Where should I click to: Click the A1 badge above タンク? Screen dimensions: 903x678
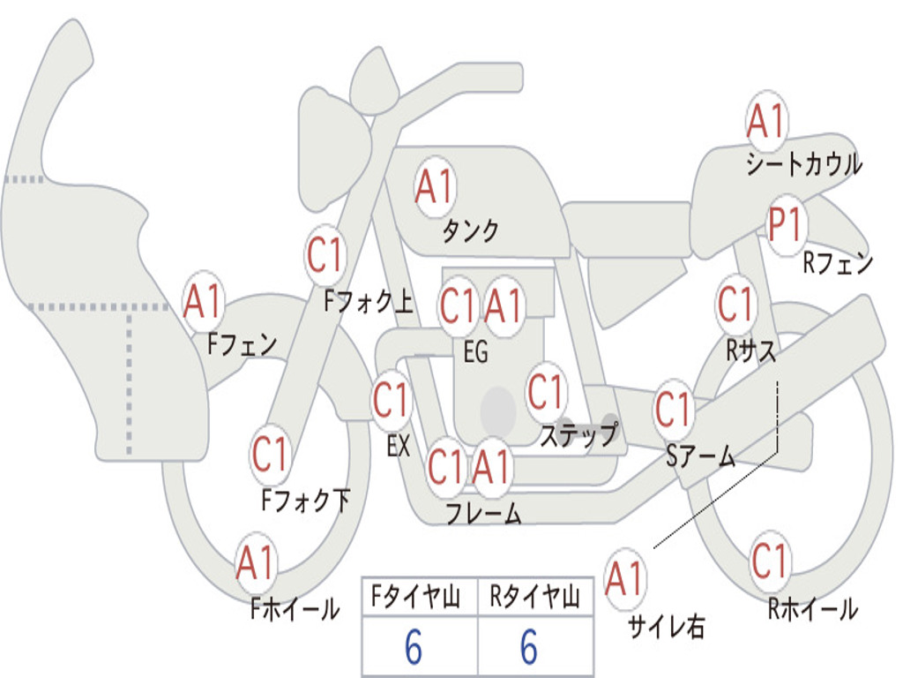click(x=434, y=186)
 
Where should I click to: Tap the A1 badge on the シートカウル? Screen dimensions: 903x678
click(x=766, y=121)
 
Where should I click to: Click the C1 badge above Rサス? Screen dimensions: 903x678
click(x=735, y=305)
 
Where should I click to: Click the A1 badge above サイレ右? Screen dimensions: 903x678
click(x=625, y=579)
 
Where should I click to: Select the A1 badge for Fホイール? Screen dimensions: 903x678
click(x=256, y=563)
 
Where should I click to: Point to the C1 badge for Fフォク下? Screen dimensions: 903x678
click(x=270, y=455)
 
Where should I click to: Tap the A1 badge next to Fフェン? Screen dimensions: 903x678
click(x=203, y=302)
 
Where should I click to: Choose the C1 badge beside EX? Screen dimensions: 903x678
click(x=391, y=401)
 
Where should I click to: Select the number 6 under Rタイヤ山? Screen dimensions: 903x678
click(x=528, y=648)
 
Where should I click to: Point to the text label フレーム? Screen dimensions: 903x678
click(x=483, y=514)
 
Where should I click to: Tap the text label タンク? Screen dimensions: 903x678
click(x=470, y=231)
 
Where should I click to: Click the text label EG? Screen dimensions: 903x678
click(x=475, y=352)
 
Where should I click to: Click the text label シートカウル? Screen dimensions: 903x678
click(x=803, y=164)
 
